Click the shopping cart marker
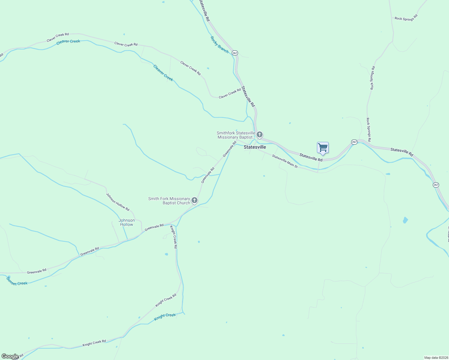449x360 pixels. [323, 148]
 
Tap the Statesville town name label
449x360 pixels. [255, 147]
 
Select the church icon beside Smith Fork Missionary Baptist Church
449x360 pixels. [194, 200]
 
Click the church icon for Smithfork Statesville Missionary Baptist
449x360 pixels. [260, 134]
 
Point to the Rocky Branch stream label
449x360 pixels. [219, 45]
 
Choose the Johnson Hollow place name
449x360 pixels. [127, 222]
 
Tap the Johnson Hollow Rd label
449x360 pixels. [118, 202]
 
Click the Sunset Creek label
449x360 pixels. [17, 281]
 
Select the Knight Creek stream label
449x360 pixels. [165, 317]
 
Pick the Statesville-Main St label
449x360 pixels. [285, 161]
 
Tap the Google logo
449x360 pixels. [10, 356]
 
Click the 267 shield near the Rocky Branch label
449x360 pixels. [235, 53]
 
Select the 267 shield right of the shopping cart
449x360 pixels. [354, 142]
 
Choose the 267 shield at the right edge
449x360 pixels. [436, 185]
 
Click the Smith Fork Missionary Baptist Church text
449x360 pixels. [169, 201]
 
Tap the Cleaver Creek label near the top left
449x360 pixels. [68, 41]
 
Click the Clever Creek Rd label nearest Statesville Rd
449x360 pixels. [230, 93]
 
